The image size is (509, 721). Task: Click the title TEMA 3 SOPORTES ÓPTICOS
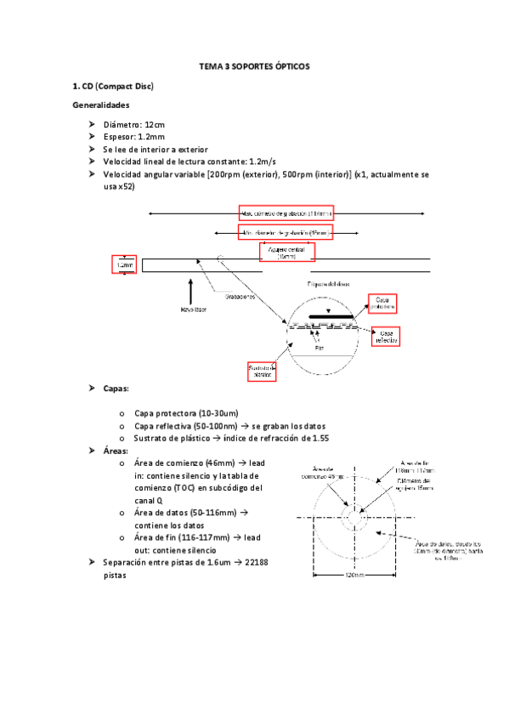click(254, 65)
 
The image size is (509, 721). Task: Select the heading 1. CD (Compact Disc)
click(112, 86)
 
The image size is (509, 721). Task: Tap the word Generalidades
click(102, 105)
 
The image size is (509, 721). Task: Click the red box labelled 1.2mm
click(124, 266)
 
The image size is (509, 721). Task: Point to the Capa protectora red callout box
click(382, 304)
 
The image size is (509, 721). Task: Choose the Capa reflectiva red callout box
click(386, 337)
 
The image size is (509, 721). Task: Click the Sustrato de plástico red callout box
click(262, 370)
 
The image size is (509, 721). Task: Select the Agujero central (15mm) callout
click(286, 253)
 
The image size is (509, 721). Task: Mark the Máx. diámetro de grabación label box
click(286, 213)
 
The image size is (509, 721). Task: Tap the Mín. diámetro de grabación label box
click(286, 231)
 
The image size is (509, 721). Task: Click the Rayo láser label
click(194, 309)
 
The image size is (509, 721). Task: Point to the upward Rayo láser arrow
click(191, 287)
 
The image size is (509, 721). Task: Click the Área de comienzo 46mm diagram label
click(328, 473)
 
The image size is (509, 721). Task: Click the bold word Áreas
click(115, 451)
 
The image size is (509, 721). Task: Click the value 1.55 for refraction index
click(317, 438)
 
